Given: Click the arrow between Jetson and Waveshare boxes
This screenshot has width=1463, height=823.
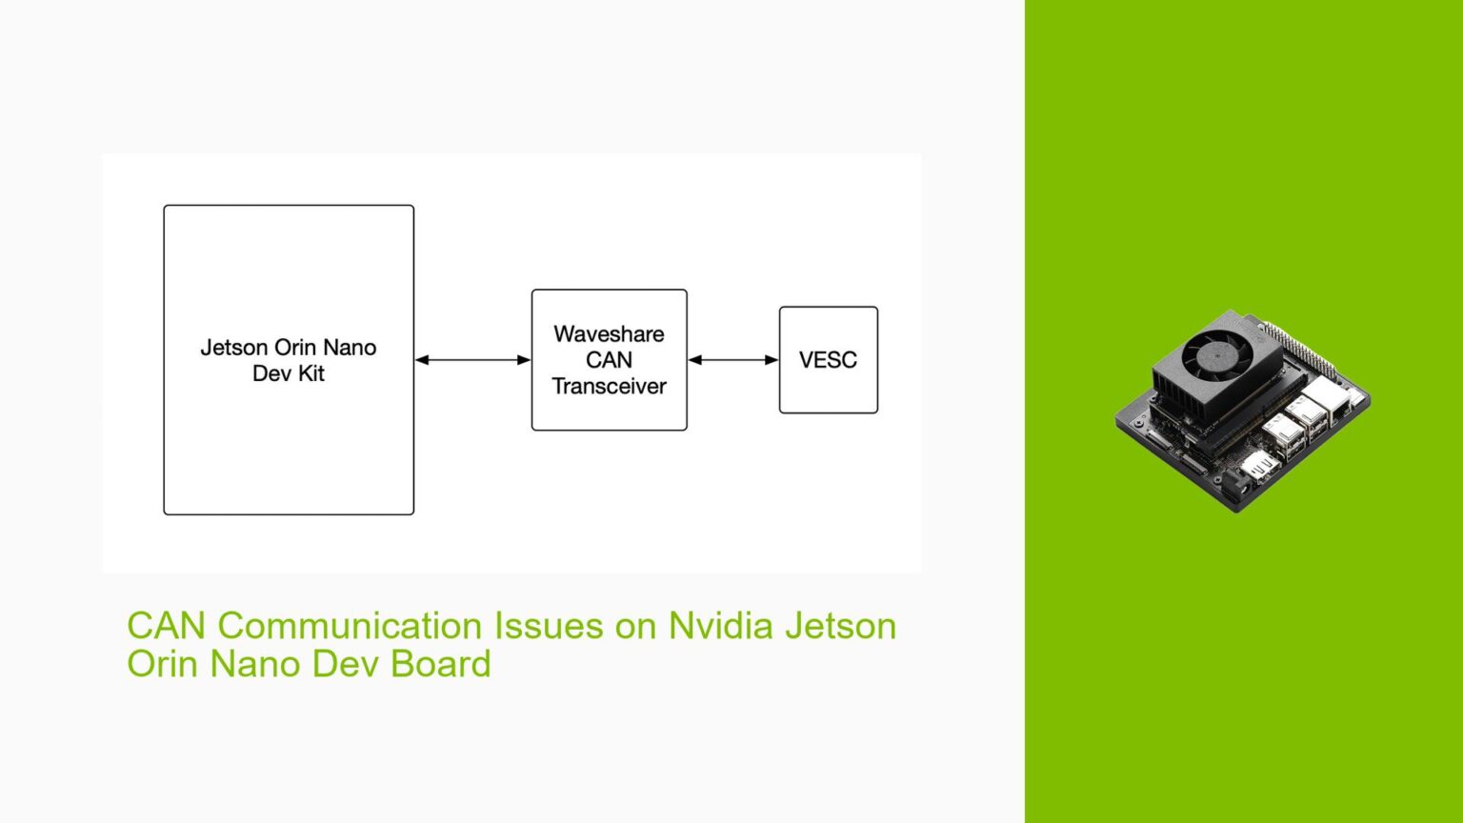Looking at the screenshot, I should tap(472, 360).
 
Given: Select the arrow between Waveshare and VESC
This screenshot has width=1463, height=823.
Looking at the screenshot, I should tap(732, 360).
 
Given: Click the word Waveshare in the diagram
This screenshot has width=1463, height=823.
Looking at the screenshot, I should tap(609, 334).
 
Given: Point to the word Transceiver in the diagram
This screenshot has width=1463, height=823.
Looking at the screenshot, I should tap(609, 386).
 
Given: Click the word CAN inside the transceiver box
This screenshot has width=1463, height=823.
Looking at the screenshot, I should tap(609, 360).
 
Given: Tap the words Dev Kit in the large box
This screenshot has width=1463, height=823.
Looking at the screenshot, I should tap(289, 373).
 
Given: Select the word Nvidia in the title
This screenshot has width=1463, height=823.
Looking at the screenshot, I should tap(720, 626).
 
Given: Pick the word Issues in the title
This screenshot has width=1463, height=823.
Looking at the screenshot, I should tap(548, 626).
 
